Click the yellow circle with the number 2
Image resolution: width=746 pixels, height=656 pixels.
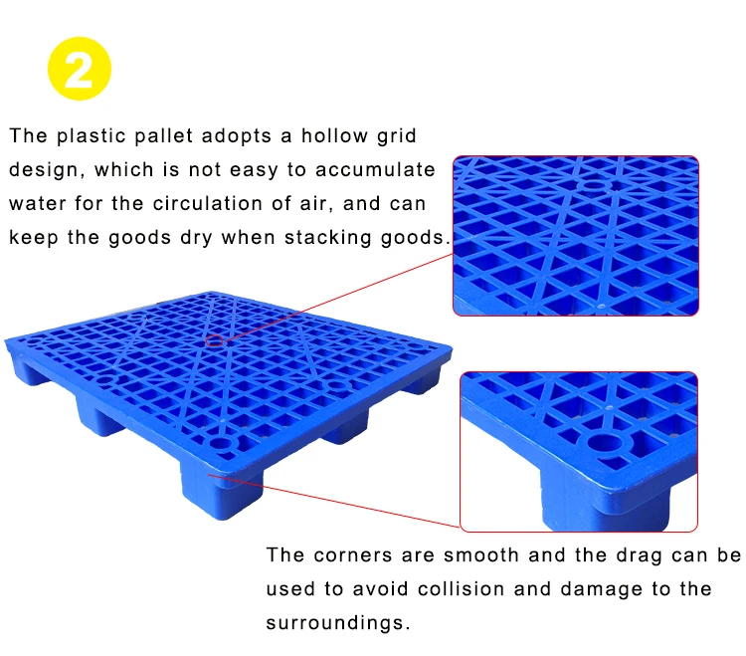tap(80, 69)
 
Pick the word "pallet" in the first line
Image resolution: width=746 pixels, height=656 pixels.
tap(173, 135)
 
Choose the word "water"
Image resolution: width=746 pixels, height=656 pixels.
tap(37, 204)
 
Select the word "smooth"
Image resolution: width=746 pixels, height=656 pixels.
tap(484, 555)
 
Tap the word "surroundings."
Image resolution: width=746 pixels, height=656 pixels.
tap(337, 624)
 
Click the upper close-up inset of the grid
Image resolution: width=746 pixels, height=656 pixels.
tap(576, 235)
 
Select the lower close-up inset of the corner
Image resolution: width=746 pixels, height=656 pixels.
tap(579, 451)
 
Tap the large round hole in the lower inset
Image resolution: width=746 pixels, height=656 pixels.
tap(605, 441)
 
